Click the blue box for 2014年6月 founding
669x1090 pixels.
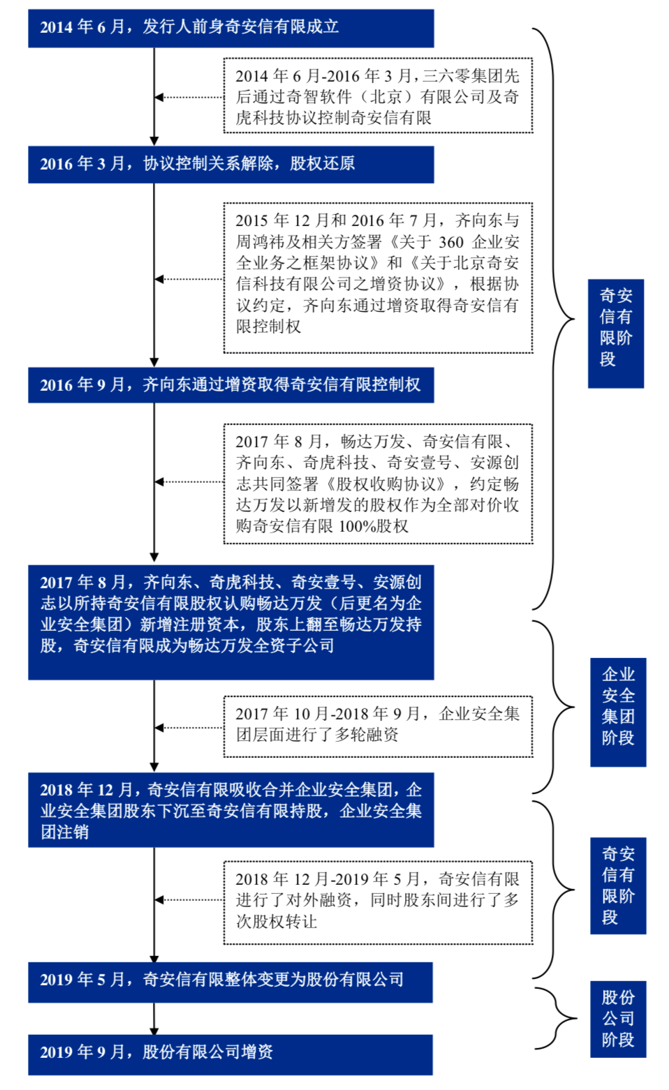(x=230, y=28)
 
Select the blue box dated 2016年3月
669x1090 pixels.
(x=230, y=165)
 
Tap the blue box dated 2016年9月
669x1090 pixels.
(x=230, y=385)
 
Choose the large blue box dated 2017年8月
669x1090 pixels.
(x=230, y=622)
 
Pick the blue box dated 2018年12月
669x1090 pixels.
(x=230, y=809)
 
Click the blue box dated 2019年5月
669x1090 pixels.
(x=230, y=982)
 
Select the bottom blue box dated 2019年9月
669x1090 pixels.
(x=230, y=1054)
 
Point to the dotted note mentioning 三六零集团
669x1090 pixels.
(x=378, y=96)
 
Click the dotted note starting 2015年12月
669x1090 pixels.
(x=378, y=278)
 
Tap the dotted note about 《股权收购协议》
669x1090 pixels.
(x=378, y=484)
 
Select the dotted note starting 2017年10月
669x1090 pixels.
(x=378, y=726)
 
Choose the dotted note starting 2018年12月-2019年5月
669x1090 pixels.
(x=378, y=903)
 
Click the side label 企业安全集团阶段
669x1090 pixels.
(x=618, y=712)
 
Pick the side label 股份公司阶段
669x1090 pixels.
(x=618, y=1019)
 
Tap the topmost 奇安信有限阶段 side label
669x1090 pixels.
(x=615, y=334)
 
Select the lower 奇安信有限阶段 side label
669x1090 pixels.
(x=618, y=886)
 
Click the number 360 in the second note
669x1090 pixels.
(x=451, y=242)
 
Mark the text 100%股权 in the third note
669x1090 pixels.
(x=374, y=526)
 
